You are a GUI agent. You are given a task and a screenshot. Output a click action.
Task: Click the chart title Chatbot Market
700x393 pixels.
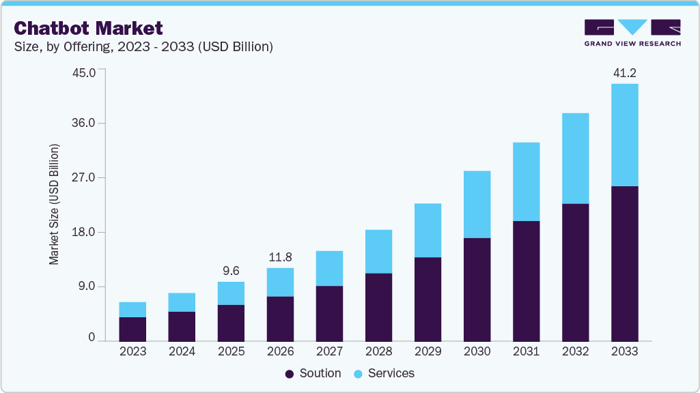(89, 28)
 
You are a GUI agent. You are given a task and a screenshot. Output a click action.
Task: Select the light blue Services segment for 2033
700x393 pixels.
(624, 135)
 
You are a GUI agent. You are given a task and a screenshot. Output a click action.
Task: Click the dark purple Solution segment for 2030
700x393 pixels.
(477, 289)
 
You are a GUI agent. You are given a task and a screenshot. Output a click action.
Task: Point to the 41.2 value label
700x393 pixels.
(624, 72)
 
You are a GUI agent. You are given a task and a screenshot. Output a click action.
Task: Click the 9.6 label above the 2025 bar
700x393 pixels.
(231, 270)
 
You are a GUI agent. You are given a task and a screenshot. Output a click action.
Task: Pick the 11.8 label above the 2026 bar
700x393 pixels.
(280, 257)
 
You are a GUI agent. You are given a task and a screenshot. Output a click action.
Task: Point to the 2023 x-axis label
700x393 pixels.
(132, 352)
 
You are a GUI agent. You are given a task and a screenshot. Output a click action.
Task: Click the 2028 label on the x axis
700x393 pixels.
(378, 352)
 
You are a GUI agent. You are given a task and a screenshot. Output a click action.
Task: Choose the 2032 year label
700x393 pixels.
(575, 352)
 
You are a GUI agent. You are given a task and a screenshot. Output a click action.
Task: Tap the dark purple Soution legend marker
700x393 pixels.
(290, 374)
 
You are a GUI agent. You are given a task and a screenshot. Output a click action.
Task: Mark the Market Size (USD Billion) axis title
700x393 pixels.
(55, 205)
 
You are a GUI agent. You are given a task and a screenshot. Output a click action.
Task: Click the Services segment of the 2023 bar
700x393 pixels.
(132, 310)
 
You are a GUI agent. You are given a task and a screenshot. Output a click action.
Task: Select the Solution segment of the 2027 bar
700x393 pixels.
(329, 313)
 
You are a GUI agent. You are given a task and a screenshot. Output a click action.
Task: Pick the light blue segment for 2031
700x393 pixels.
(526, 181)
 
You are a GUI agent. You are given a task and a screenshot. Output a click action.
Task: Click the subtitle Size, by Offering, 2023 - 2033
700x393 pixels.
(144, 47)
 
